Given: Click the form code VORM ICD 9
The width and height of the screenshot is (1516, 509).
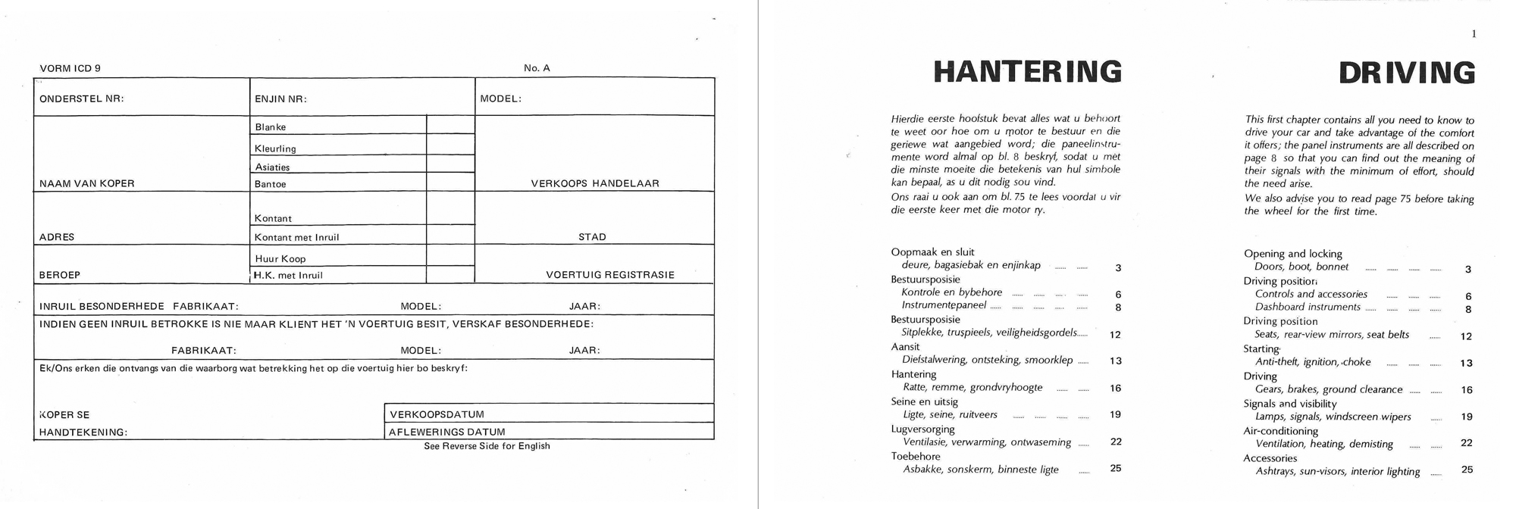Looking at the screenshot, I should click(x=70, y=68).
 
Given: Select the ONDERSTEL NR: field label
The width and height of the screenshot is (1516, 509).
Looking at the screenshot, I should click(x=81, y=98).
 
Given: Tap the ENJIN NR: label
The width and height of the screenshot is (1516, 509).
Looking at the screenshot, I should click(x=280, y=98).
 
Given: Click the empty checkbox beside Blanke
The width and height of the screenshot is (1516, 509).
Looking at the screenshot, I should click(x=450, y=125).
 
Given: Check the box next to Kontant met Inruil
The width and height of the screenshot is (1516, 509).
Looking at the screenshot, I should click(x=450, y=236).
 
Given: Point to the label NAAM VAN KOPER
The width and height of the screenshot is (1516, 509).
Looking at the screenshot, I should click(x=86, y=183).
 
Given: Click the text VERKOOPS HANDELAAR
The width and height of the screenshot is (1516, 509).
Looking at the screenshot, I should click(x=595, y=183).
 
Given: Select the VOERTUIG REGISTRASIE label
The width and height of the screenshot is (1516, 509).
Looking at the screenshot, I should click(x=609, y=275).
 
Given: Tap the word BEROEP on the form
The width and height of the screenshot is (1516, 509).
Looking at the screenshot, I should click(x=59, y=275).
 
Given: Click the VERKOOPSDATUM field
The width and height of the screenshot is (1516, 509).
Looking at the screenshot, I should click(x=550, y=414).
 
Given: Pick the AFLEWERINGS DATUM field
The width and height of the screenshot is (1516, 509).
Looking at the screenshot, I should click(x=550, y=432).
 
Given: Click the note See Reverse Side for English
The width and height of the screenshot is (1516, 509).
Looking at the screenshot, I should click(x=487, y=446).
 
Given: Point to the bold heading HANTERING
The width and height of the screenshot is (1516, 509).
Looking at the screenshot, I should click(x=1027, y=72).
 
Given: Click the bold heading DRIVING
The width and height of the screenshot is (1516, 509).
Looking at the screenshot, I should click(x=1406, y=73).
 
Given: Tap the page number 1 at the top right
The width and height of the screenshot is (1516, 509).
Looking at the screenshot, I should click(x=1474, y=33).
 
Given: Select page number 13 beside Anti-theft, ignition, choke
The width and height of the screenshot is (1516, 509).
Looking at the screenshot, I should click(x=1466, y=363).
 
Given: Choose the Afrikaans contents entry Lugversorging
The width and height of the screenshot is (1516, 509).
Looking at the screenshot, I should click(x=922, y=429).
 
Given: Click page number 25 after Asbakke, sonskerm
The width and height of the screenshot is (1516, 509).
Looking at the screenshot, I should click(x=1115, y=468).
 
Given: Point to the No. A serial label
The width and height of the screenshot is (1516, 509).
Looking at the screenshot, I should click(x=537, y=68).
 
